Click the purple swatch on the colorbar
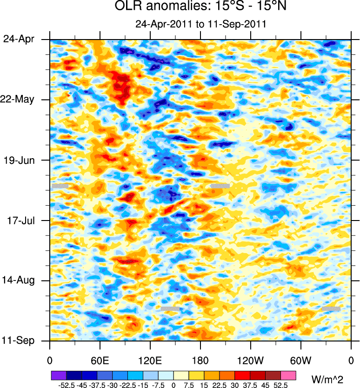point(58,375)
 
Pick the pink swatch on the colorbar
point(288,375)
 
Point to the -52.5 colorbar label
point(66,385)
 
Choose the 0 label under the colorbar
point(173,385)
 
